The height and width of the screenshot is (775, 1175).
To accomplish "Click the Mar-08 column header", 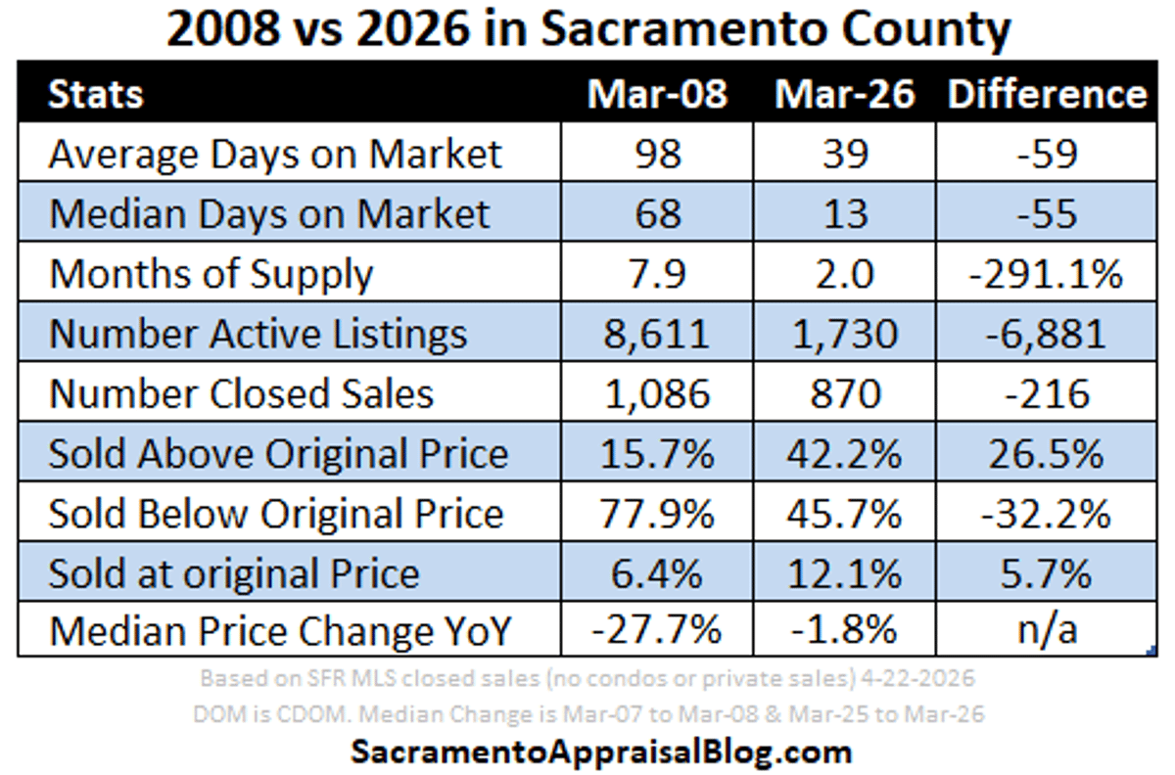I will [x=657, y=94].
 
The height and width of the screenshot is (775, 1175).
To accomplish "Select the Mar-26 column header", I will [x=845, y=94].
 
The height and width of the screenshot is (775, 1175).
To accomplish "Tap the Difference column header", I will [x=1047, y=94].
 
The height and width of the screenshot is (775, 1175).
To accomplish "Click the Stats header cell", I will [x=96, y=95].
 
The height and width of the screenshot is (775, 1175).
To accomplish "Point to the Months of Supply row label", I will [x=211, y=275].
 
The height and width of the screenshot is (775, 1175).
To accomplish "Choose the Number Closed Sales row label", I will [x=242, y=393].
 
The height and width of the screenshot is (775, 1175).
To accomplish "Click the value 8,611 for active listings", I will [x=657, y=335].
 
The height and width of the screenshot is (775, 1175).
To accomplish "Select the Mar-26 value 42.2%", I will [x=845, y=454].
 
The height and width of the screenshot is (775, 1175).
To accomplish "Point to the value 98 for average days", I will [x=657, y=155].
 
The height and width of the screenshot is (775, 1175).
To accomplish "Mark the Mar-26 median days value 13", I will [x=845, y=214].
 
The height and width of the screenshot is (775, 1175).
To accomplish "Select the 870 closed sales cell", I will [x=845, y=393].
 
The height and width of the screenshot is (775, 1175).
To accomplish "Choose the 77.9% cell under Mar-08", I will [x=657, y=514].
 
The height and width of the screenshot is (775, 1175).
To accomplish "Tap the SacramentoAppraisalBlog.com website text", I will [x=600, y=752].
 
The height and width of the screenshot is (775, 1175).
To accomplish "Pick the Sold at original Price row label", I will [x=234, y=573].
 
